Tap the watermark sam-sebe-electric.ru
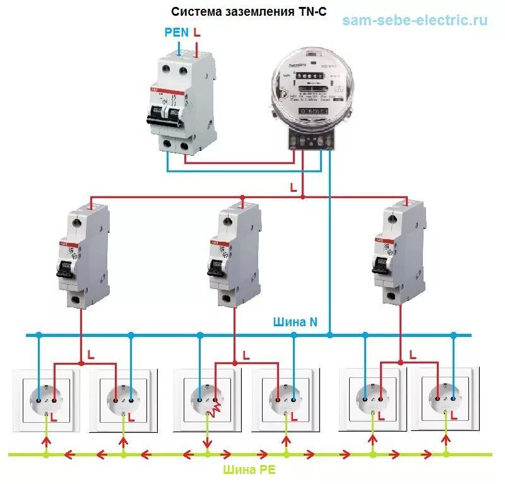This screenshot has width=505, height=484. [415, 20]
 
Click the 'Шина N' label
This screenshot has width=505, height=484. [295, 322]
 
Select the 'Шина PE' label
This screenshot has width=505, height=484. [249, 470]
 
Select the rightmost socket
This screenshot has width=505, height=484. [444, 398]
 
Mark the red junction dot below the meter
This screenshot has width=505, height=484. [303, 197]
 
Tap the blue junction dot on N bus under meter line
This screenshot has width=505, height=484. [330, 335]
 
